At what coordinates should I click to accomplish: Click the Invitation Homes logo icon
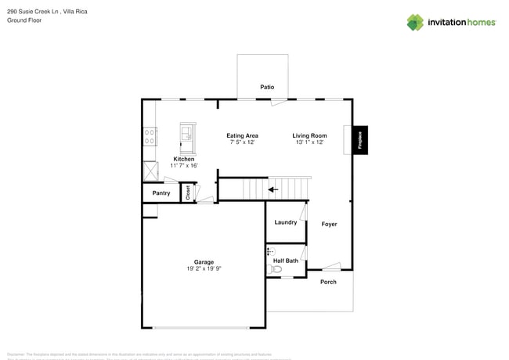(415, 22)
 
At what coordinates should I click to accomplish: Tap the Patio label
(267, 87)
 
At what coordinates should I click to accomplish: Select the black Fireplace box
(359, 139)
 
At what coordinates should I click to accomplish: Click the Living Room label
(309, 135)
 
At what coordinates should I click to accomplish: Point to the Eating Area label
(242, 135)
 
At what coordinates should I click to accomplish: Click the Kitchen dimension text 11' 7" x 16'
(184, 166)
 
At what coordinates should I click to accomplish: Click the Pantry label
(161, 193)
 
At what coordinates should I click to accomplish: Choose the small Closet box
(188, 193)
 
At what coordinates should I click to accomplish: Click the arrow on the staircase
(272, 189)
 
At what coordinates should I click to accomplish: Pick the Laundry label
(285, 222)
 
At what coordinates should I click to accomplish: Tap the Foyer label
(329, 224)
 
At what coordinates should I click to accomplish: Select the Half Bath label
(285, 261)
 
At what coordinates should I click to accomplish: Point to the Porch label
(328, 282)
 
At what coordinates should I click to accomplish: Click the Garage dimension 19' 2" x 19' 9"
(204, 268)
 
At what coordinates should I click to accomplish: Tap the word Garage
(204, 261)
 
